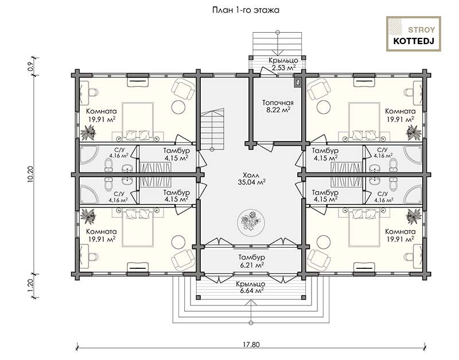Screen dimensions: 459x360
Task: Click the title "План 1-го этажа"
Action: (x=246, y=10)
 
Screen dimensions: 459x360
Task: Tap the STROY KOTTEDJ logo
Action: (x=413, y=34)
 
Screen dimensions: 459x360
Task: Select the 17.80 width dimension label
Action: (x=251, y=344)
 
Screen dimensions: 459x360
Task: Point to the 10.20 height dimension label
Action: (x=30, y=174)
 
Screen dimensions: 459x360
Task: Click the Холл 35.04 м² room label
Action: (x=251, y=179)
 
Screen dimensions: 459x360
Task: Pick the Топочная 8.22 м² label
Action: (x=278, y=107)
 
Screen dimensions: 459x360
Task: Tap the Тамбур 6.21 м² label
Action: (x=251, y=261)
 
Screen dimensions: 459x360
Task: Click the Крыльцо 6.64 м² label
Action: (x=251, y=287)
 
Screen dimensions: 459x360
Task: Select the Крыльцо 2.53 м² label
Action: (x=283, y=64)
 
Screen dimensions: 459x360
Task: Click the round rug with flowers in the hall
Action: (x=251, y=221)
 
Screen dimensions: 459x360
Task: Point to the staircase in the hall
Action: (x=212, y=129)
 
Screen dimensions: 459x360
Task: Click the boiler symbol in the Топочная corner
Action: (x=298, y=83)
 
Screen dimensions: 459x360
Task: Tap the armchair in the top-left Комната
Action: (x=183, y=90)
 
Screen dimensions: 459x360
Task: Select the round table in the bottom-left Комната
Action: (x=178, y=241)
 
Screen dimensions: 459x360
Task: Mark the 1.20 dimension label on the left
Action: (x=30, y=285)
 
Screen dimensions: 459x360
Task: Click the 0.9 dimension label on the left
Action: (x=30, y=66)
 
